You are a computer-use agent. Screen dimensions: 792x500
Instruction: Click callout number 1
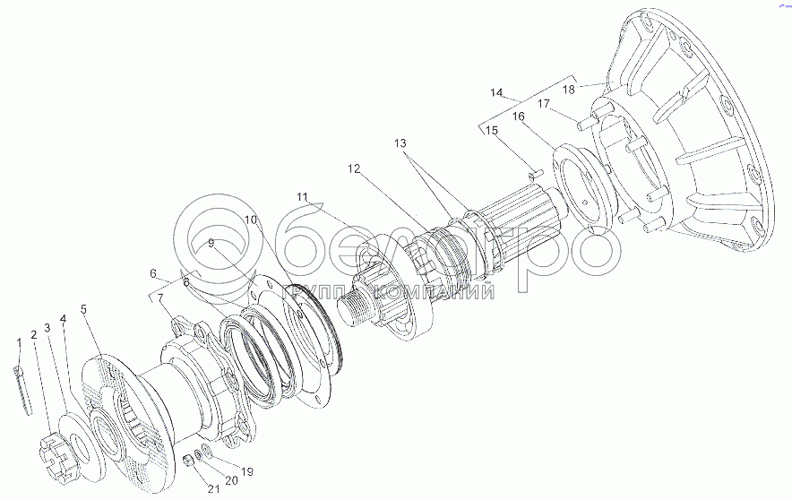tap(18, 342)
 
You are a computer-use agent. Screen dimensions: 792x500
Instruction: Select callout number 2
tap(33, 334)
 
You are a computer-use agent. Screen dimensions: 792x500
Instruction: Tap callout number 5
tap(83, 310)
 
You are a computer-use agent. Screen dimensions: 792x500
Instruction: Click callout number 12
tap(354, 168)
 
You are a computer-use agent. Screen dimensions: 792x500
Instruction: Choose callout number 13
tap(400, 143)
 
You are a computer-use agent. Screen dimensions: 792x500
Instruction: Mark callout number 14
tap(497, 92)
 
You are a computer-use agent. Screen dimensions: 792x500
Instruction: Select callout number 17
tap(542, 103)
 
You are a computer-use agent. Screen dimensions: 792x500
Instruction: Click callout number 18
tap(568, 89)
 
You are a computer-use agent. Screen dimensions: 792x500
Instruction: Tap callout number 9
tap(211, 243)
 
